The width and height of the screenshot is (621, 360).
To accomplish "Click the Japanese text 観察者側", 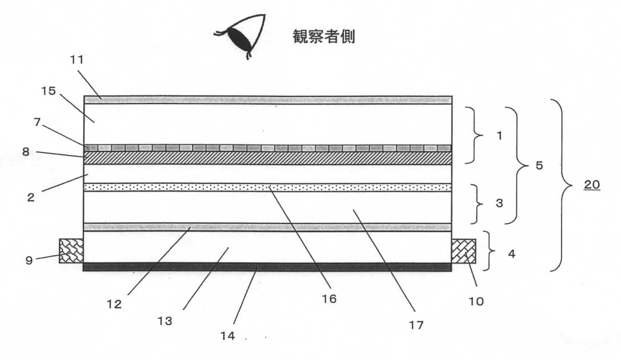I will [323, 37].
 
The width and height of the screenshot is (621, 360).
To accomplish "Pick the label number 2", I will [30, 198].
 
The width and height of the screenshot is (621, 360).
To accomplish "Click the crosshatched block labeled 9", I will [71, 250].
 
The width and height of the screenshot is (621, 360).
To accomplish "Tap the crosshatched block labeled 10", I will [463, 251].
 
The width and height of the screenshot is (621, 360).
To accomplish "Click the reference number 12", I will [114, 304].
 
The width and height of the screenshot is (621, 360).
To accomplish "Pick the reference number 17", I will [416, 325].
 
